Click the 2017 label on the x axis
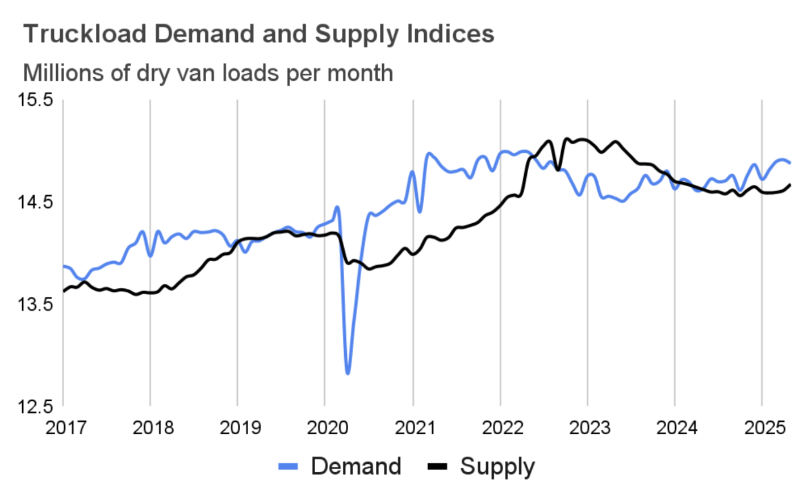click(66, 427)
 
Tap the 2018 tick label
click(153, 427)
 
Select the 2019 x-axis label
click(241, 427)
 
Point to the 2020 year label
click(328, 427)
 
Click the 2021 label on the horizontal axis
click(415, 427)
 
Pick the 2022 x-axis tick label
click(503, 427)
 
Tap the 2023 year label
click(590, 427)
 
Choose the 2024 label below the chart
click(677, 427)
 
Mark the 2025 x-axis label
click(764, 427)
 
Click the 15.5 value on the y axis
click(35, 100)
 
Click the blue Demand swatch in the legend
click(288, 467)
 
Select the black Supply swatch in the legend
click(437, 467)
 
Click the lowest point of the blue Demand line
click(348, 372)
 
